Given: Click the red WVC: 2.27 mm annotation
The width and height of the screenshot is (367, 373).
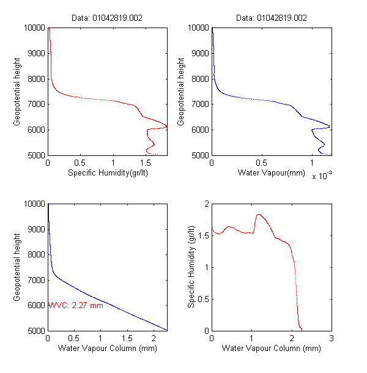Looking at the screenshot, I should coord(75,305).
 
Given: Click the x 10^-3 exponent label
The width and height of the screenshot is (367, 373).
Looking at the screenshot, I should coord(322,176).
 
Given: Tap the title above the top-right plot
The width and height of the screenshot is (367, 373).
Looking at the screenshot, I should coord(272,18).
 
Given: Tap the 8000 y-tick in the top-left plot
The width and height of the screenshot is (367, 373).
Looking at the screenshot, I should coord(34,79).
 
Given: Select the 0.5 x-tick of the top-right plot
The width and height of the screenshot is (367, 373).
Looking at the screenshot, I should coord(262,164).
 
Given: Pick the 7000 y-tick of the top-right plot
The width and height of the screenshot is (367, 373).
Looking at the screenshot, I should coord(199,105).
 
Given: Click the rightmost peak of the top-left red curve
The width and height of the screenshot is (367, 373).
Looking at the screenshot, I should coord(167,127).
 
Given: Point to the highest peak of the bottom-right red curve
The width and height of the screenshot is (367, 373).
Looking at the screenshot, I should coord(259,214).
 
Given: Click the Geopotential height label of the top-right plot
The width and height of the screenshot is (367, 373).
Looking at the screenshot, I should coord(181,92).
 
